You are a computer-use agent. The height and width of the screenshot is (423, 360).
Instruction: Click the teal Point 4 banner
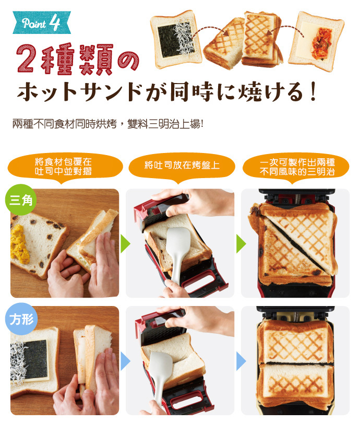click(42, 22)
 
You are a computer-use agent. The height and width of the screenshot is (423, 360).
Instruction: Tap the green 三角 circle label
click(21, 199)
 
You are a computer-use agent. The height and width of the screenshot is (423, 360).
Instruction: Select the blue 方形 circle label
click(21, 319)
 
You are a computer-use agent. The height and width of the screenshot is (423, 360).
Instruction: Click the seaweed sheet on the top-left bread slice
click(169, 41)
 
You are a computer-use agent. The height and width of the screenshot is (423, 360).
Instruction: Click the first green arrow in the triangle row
click(125, 244)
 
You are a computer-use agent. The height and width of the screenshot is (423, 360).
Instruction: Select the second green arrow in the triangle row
click(241, 244)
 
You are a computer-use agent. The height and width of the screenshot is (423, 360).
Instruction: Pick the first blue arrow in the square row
click(125, 361)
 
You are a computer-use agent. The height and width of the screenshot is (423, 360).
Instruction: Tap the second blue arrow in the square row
click(241, 361)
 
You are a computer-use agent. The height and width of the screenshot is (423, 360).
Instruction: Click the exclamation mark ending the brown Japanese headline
click(313, 92)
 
